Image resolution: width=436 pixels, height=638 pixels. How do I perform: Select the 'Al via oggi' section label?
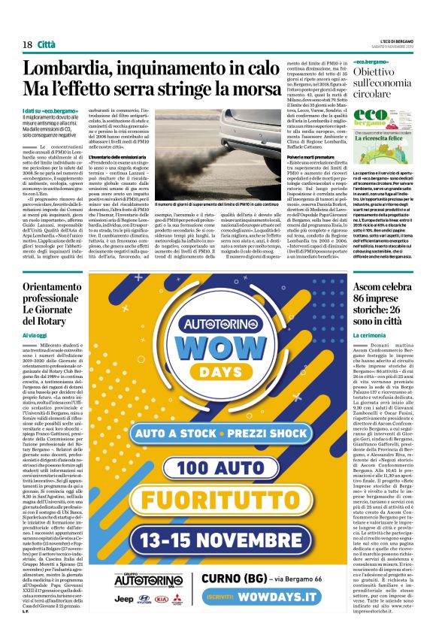(x=34, y=334)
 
